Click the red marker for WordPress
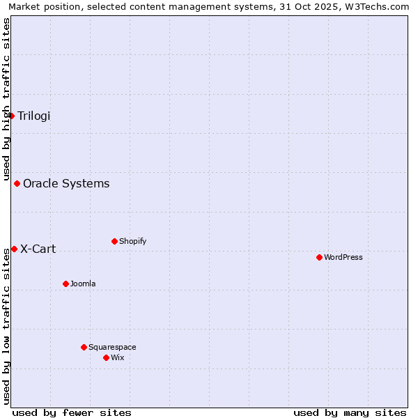pyautogui.click(x=319, y=257)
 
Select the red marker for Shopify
pyautogui.click(x=114, y=241)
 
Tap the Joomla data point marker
pyautogui.click(x=65, y=284)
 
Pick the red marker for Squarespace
pyautogui.click(x=84, y=347)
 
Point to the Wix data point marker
pyautogui.click(x=106, y=357)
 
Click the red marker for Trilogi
pyautogui.click(x=11, y=116)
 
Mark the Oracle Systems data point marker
pyautogui.click(x=17, y=184)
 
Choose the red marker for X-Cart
pyautogui.click(x=14, y=249)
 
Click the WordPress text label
pyautogui.click(x=343, y=257)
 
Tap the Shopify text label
pyautogui.click(x=132, y=241)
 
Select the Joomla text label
pyautogui.click(x=83, y=284)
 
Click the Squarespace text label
pyautogui.click(x=112, y=347)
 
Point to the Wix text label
pyautogui.click(x=117, y=357)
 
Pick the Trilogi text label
pyautogui.click(x=34, y=116)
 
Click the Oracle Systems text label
pyautogui.click(x=66, y=184)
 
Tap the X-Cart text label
pyautogui.click(x=38, y=249)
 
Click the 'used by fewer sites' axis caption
pyautogui.click(x=72, y=412)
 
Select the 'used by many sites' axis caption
pyautogui.click(x=350, y=412)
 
